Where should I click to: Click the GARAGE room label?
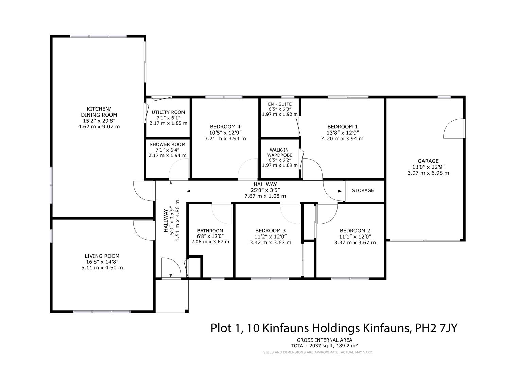428,161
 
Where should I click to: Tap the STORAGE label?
363,190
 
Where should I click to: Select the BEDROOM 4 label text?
225,127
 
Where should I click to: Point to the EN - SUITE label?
280,104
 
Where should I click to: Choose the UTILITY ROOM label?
168,112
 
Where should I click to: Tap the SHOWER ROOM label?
167,144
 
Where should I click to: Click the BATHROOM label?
210,231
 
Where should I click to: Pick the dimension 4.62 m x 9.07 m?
99,127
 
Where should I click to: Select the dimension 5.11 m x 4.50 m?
102,267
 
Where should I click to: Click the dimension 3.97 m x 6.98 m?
428,173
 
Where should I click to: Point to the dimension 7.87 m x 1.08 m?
265,196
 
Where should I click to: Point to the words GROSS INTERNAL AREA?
324,340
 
